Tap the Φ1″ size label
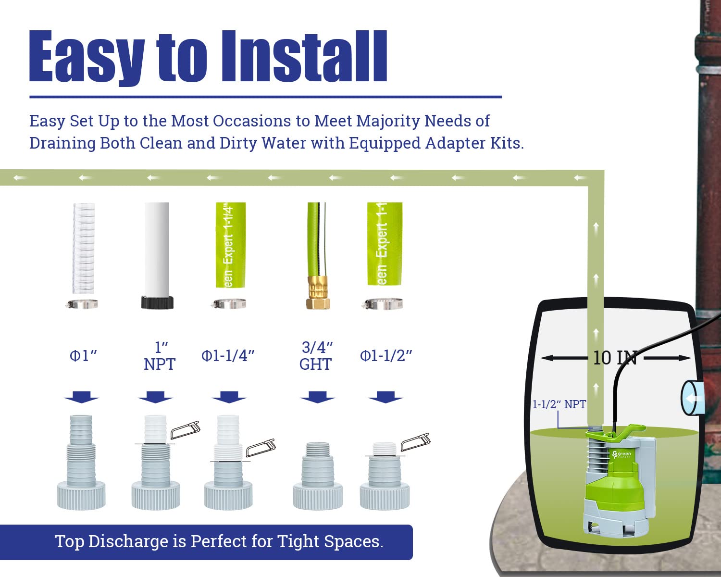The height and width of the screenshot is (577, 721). (x=83, y=356)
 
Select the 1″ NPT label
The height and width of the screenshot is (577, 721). (x=160, y=356)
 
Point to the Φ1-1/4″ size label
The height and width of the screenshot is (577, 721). (x=228, y=356)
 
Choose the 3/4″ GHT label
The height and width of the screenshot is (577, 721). (x=316, y=356)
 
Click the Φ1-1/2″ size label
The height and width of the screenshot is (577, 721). (x=386, y=356)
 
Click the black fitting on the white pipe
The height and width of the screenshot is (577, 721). (x=157, y=302)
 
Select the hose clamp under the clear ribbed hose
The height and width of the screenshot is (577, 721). (x=83, y=304)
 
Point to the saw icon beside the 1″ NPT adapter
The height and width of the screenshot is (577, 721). (x=185, y=429)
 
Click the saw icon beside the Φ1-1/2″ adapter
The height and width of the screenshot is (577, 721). (x=416, y=441)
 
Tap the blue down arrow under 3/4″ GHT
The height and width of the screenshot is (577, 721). (x=317, y=398)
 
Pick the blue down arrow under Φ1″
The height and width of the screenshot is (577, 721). (x=81, y=398)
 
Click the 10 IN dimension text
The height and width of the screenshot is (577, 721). (x=615, y=358)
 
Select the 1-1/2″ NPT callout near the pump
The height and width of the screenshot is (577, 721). (x=559, y=404)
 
